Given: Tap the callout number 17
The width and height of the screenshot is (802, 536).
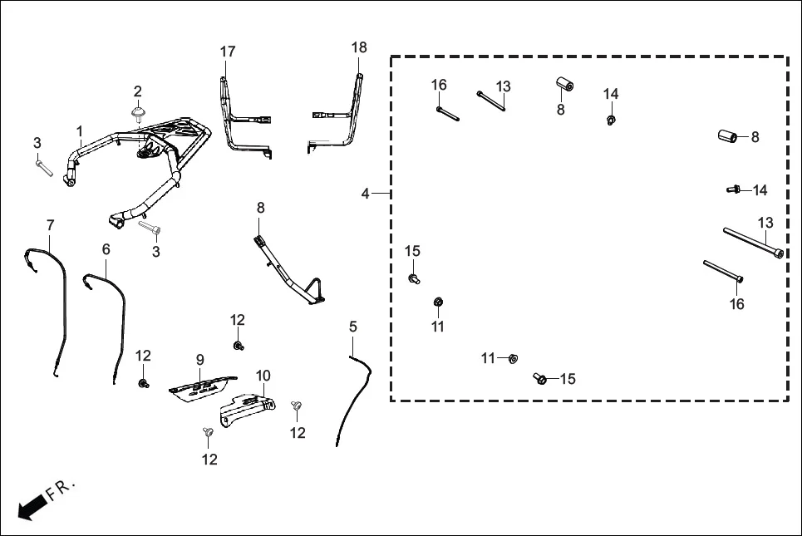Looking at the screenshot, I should pyautogui.click(x=228, y=52).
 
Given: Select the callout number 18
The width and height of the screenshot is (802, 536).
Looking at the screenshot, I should pyautogui.click(x=358, y=48).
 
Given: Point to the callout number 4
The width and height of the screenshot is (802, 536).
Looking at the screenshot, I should pyautogui.click(x=366, y=194).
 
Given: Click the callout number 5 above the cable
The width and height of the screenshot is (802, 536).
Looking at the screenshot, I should pyautogui.click(x=352, y=327).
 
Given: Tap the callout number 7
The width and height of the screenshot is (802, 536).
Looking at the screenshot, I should pyautogui.click(x=50, y=225).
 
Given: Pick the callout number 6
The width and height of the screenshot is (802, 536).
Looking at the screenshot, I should pyautogui.click(x=106, y=248).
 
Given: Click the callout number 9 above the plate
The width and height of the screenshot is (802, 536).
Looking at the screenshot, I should pyautogui.click(x=199, y=360).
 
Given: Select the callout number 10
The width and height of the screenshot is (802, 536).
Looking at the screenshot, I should pyautogui.click(x=263, y=376).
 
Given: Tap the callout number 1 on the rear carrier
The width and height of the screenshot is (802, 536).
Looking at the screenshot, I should pyautogui.click(x=80, y=131).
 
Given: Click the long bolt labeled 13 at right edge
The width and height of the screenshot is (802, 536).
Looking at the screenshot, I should pyautogui.click(x=753, y=242).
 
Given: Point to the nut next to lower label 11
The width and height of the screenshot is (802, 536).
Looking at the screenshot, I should pyautogui.click(x=514, y=359).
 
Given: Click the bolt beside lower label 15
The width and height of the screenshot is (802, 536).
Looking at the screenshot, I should pyautogui.click(x=541, y=379).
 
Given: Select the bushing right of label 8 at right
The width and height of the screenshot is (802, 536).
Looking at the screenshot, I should pyautogui.click(x=729, y=136).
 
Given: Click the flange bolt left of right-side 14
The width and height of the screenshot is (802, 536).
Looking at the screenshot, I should pyautogui.click(x=733, y=190).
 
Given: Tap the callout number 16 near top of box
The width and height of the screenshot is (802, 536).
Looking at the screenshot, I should pyautogui.click(x=439, y=85).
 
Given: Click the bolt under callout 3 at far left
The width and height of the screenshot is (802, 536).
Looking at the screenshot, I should pyautogui.click(x=44, y=169).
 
